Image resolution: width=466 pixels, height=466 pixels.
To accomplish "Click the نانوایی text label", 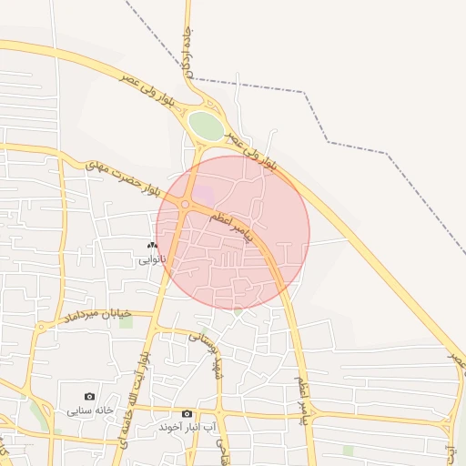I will click(152, 260).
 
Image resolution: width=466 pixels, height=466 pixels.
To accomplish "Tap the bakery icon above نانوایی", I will click(152, 246).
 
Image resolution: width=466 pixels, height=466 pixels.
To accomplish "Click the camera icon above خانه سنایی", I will click(89, 396).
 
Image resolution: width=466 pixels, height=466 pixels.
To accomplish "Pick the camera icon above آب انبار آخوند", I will click(187, 413).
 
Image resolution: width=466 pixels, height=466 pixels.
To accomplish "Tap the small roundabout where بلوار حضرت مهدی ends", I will click(186, 205).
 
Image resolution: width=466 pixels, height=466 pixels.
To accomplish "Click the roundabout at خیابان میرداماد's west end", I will click(40, 328).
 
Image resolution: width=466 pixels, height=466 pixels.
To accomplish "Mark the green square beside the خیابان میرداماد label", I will click(126, 322).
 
